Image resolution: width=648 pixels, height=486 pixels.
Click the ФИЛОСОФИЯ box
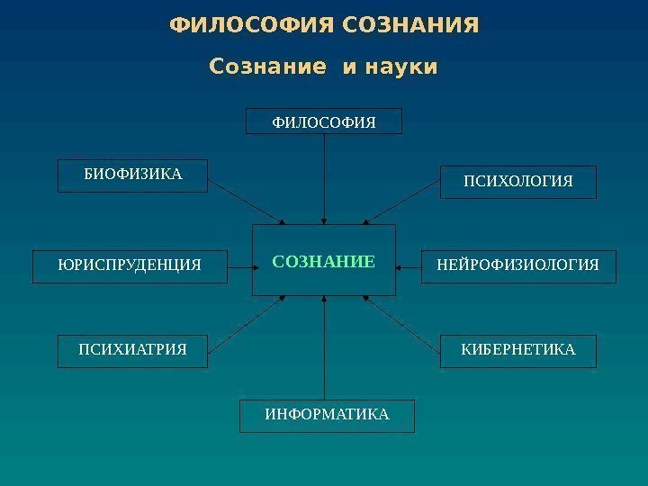pos(324,121)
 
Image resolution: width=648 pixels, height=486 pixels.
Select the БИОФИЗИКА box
pos(132,175)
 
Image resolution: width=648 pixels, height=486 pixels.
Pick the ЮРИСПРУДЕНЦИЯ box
pos(130,266)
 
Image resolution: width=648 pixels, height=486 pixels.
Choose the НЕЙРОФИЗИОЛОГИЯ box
pos(518,266)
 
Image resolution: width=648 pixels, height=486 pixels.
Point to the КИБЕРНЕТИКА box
pos(517,350)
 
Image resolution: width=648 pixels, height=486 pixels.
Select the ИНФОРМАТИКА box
pos(327,416)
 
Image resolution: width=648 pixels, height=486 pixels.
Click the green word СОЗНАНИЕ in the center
pos(323,262)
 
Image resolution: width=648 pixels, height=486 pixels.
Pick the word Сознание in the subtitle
pos(266,67)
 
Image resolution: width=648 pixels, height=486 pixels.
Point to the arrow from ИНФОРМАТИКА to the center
pos(324,347)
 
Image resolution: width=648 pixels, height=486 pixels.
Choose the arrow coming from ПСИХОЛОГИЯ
pos(403,203)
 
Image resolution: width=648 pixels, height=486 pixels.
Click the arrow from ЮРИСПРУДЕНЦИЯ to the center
pos(239,266)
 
